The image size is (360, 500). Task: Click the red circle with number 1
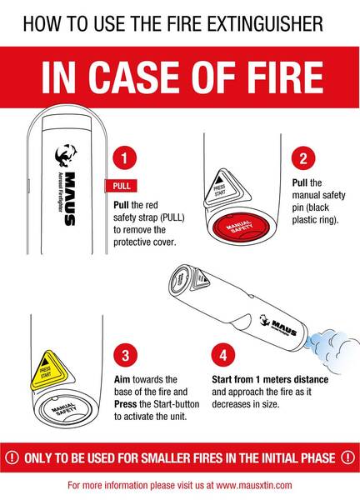[x=125, y=158]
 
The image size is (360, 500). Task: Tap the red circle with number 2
[x=303, y=158]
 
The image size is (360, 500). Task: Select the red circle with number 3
[x=126, y=355]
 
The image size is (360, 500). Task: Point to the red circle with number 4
[x=223, y=355]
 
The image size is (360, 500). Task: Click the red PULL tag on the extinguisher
[x=121, y=186]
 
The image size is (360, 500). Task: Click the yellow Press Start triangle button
[x=51, y=371]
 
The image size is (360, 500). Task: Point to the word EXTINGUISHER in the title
[x=265, y=24]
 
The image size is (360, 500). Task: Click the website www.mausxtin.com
[x=254, y=486]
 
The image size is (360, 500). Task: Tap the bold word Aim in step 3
[x=122, y=379]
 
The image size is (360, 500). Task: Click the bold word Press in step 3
[x=126, y=404]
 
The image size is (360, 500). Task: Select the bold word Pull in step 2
[x=300, y=182]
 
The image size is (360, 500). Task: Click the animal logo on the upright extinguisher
[x=66, y=155]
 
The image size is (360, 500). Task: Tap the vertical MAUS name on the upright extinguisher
[x=70, y=198]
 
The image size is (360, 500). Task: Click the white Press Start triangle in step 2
[x=227, y=188]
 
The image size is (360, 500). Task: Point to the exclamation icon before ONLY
[x=12, y=457]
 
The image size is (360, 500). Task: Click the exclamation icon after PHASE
[x=347, y=457]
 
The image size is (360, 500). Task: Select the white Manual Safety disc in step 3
[x=65, y=410]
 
